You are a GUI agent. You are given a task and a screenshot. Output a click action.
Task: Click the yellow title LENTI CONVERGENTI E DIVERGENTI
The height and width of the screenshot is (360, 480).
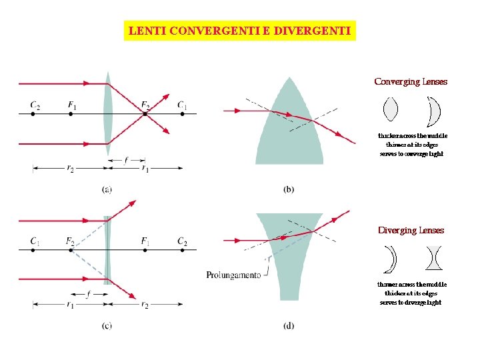[240, 31]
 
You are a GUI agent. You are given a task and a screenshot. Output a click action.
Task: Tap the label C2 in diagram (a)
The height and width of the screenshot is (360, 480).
[35, 105]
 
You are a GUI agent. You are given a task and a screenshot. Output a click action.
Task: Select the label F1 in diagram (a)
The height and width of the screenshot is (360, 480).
[72, 105]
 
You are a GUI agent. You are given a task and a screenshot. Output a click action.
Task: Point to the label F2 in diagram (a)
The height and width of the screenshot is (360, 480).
[145, 105]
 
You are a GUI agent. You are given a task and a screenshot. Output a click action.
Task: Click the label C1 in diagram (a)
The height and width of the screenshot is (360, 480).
[181, 105]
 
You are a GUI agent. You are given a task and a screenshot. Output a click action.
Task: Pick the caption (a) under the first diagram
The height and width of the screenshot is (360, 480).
[107, 189]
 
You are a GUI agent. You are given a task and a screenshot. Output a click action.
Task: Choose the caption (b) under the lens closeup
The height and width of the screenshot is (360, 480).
[288, 189]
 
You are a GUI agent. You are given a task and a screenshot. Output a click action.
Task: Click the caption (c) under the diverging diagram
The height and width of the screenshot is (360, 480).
[107, 325]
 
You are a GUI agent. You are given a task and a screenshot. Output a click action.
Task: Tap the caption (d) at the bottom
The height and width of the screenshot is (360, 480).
[288, 325]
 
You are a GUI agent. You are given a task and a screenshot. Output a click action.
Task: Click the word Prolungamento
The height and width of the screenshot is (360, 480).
[233, 275]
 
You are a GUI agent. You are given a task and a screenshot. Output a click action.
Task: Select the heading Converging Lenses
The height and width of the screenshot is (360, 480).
[411, 82]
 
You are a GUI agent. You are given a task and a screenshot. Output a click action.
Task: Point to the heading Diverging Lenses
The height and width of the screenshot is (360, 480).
[411, 231]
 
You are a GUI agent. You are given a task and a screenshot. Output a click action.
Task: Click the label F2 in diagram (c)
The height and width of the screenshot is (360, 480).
[70, 240]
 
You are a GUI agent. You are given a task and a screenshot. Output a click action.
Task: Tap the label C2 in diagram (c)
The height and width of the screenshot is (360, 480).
[182, 240]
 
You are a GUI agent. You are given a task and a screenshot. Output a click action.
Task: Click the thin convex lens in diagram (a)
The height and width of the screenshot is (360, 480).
[108, 113]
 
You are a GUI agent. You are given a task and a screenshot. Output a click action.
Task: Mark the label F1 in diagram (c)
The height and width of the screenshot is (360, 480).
[145, 240]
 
